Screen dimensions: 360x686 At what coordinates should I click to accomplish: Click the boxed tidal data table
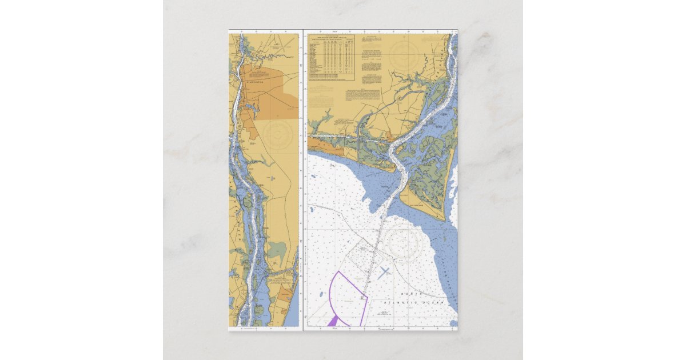coord(332,57)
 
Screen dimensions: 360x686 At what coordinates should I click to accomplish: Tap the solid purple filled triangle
coord(332,322)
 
